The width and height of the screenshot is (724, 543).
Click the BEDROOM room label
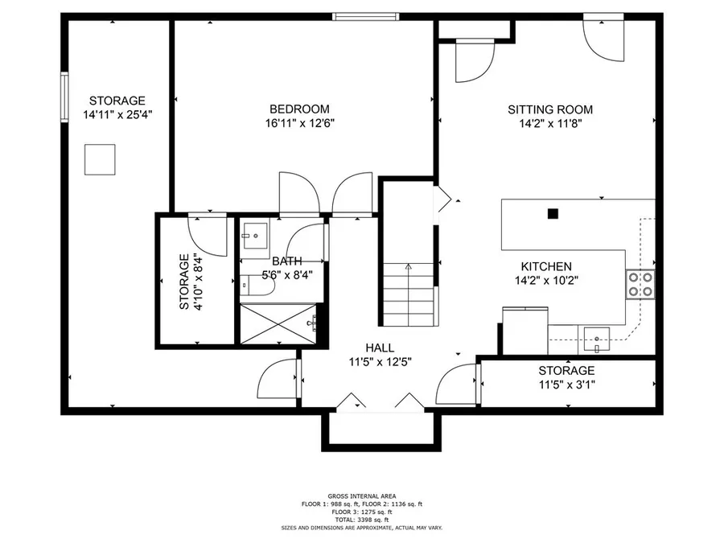(299, 109)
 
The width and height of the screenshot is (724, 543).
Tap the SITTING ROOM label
(550, 109)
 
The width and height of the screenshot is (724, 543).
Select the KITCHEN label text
(546, 266)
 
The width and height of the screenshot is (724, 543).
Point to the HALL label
(380, 348)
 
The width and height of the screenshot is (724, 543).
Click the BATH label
(286, 261)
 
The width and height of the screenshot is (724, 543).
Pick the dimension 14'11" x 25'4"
(117, 114)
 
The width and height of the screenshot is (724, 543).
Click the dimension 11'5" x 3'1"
(566, 385)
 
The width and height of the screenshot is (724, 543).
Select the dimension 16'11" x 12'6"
(300, 123)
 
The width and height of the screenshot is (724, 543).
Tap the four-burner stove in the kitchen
(640, 284)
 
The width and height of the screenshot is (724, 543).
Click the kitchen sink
(596, 339)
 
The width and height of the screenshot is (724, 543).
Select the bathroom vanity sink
(254, 236)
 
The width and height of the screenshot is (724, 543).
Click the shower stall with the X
(278, 323)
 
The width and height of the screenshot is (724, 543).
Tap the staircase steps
(409, 294)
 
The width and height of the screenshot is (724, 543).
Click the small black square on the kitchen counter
(553, 214)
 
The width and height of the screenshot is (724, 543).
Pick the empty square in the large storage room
(100, 160)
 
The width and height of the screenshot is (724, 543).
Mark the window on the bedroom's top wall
(366, 17)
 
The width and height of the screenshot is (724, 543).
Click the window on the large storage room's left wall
(64, 97)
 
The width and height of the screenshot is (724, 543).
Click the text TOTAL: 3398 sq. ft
(362, 520)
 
